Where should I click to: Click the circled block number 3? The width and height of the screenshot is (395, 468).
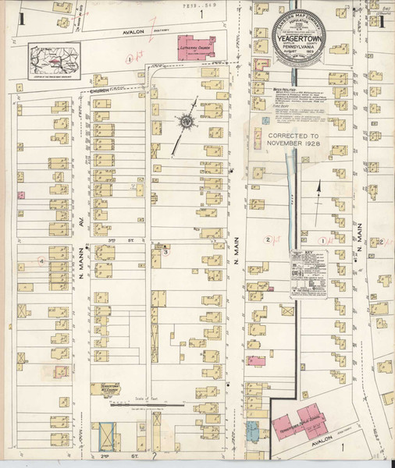click(165, 251)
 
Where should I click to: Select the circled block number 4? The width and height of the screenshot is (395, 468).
click(41, 261)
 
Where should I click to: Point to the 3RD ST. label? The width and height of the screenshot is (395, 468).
click(112, 241)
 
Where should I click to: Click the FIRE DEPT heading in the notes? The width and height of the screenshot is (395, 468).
click(270, 108)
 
